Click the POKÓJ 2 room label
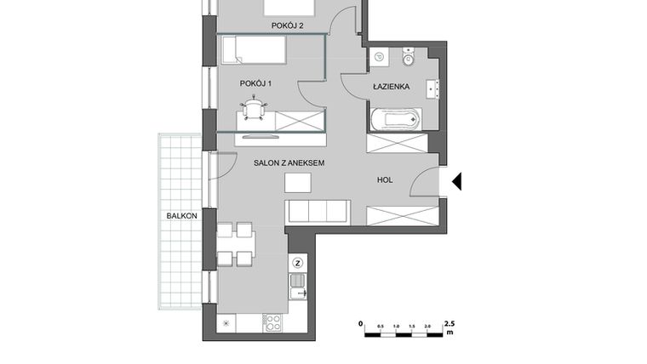coord(288,26)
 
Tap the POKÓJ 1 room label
coord(255,83)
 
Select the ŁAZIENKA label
coord(392,87)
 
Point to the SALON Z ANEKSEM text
coord(289,162)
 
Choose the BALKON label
coord(182,216)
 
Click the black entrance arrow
coord(456,181)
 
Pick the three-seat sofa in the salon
coord(317,210)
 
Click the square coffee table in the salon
coord(298,182)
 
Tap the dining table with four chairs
coord(235,244)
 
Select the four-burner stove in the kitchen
coord(273,322)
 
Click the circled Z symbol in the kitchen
coord(298,263)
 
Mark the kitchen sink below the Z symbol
coord(298,293)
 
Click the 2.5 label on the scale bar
coord(449,324)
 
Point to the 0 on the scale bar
coord(361,324)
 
